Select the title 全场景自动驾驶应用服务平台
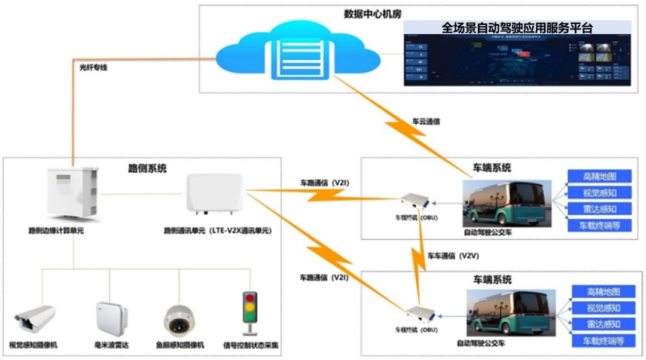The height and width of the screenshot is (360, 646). click(x=517, y=28)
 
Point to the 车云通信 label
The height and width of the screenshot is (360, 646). click(x=426, y=121)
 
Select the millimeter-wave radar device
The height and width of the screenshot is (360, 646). click(x=112, y=316)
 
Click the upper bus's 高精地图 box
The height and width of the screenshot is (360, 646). click(x=599, y=176)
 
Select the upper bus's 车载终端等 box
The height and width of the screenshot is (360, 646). click(x=599, y=225)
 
